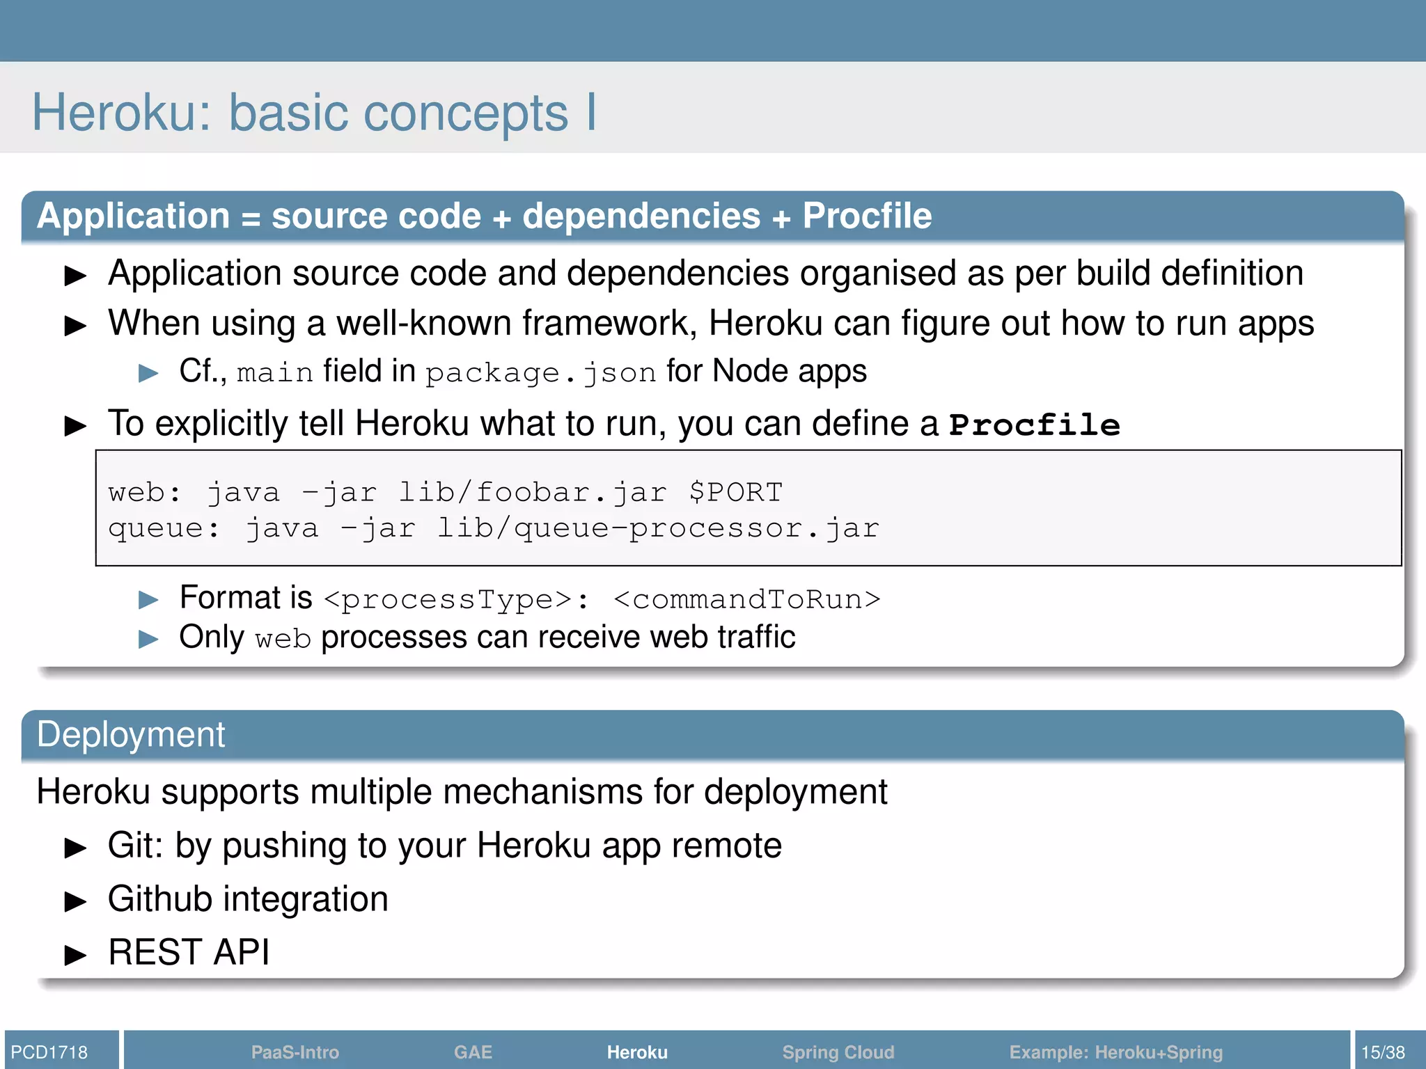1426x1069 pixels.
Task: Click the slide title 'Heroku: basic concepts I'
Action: [314, 113]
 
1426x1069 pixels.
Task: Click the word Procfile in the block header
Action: [867, 216]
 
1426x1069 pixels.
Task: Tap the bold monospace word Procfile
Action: [1035, 425]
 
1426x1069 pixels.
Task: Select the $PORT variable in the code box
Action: [735, 493]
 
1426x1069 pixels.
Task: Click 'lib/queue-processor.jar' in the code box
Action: [658, 528]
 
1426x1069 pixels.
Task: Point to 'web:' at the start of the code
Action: [144, 493]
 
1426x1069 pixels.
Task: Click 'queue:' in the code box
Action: [164, 528]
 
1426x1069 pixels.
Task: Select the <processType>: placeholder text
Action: [457, 599]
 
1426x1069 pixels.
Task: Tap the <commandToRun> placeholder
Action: [747, 599]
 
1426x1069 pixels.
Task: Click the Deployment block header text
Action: [131, 735]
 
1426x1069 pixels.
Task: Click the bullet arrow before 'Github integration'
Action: [75, 902]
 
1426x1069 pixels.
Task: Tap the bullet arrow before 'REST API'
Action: [75, 955]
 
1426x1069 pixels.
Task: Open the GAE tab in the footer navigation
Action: [473, 1052]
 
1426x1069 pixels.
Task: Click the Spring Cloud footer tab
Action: [838, 1052]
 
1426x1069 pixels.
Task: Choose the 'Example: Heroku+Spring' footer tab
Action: [1115, 1052]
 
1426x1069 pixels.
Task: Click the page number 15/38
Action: [1383, 1052]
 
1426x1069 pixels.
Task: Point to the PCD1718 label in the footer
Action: [49, 1052]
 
